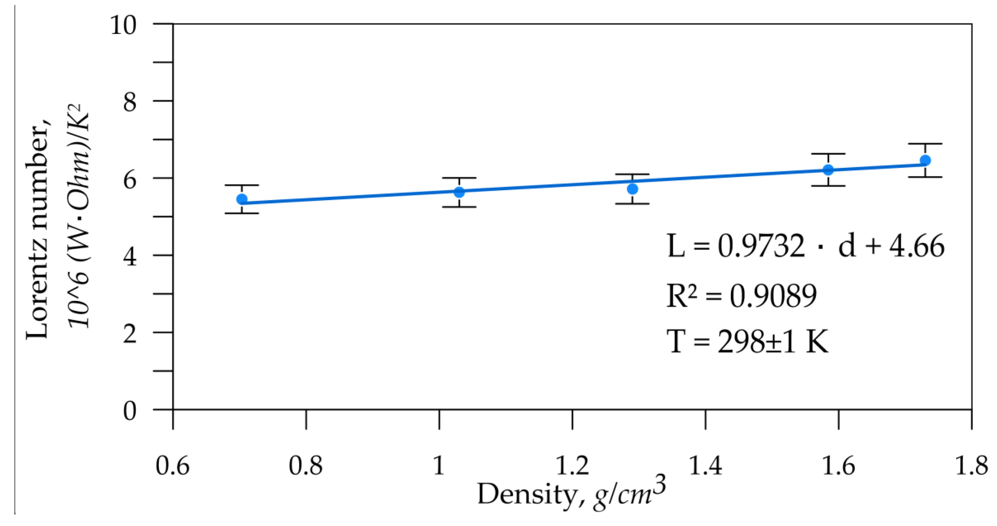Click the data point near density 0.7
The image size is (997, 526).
click(242, 199)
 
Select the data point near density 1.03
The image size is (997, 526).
click(459, 192)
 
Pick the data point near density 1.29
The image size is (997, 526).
click(633, 189)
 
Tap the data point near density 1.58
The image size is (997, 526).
click(828, 170)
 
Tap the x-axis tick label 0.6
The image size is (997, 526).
click(173, 465)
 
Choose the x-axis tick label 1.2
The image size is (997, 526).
click(572, 465)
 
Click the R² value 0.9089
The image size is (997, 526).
click(773, 296)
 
